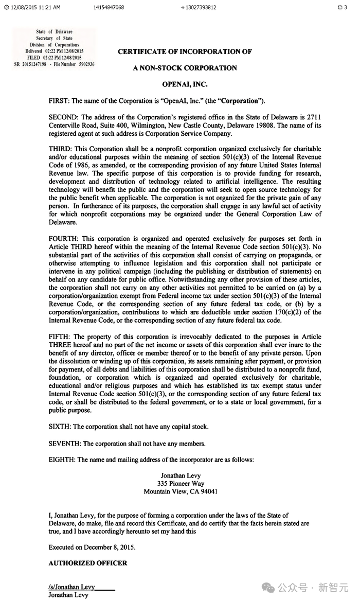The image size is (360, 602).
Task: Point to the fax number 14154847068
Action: (x=109, y=8)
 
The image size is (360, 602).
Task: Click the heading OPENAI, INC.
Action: (x=185, y=84)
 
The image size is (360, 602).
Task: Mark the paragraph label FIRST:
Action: (x=59, y=100)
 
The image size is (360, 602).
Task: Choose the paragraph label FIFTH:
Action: (x=59, y=337)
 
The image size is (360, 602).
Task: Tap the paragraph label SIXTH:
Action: (x=60, y=427)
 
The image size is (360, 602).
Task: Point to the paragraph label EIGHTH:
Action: (x=62, y=459)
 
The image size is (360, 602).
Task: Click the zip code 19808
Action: (x=264, y=125)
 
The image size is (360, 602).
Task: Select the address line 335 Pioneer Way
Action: (x=181, y=484)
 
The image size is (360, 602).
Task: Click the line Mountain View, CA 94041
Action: (x=181, y=491)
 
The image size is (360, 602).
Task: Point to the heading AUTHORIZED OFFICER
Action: (x=87, y=563)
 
